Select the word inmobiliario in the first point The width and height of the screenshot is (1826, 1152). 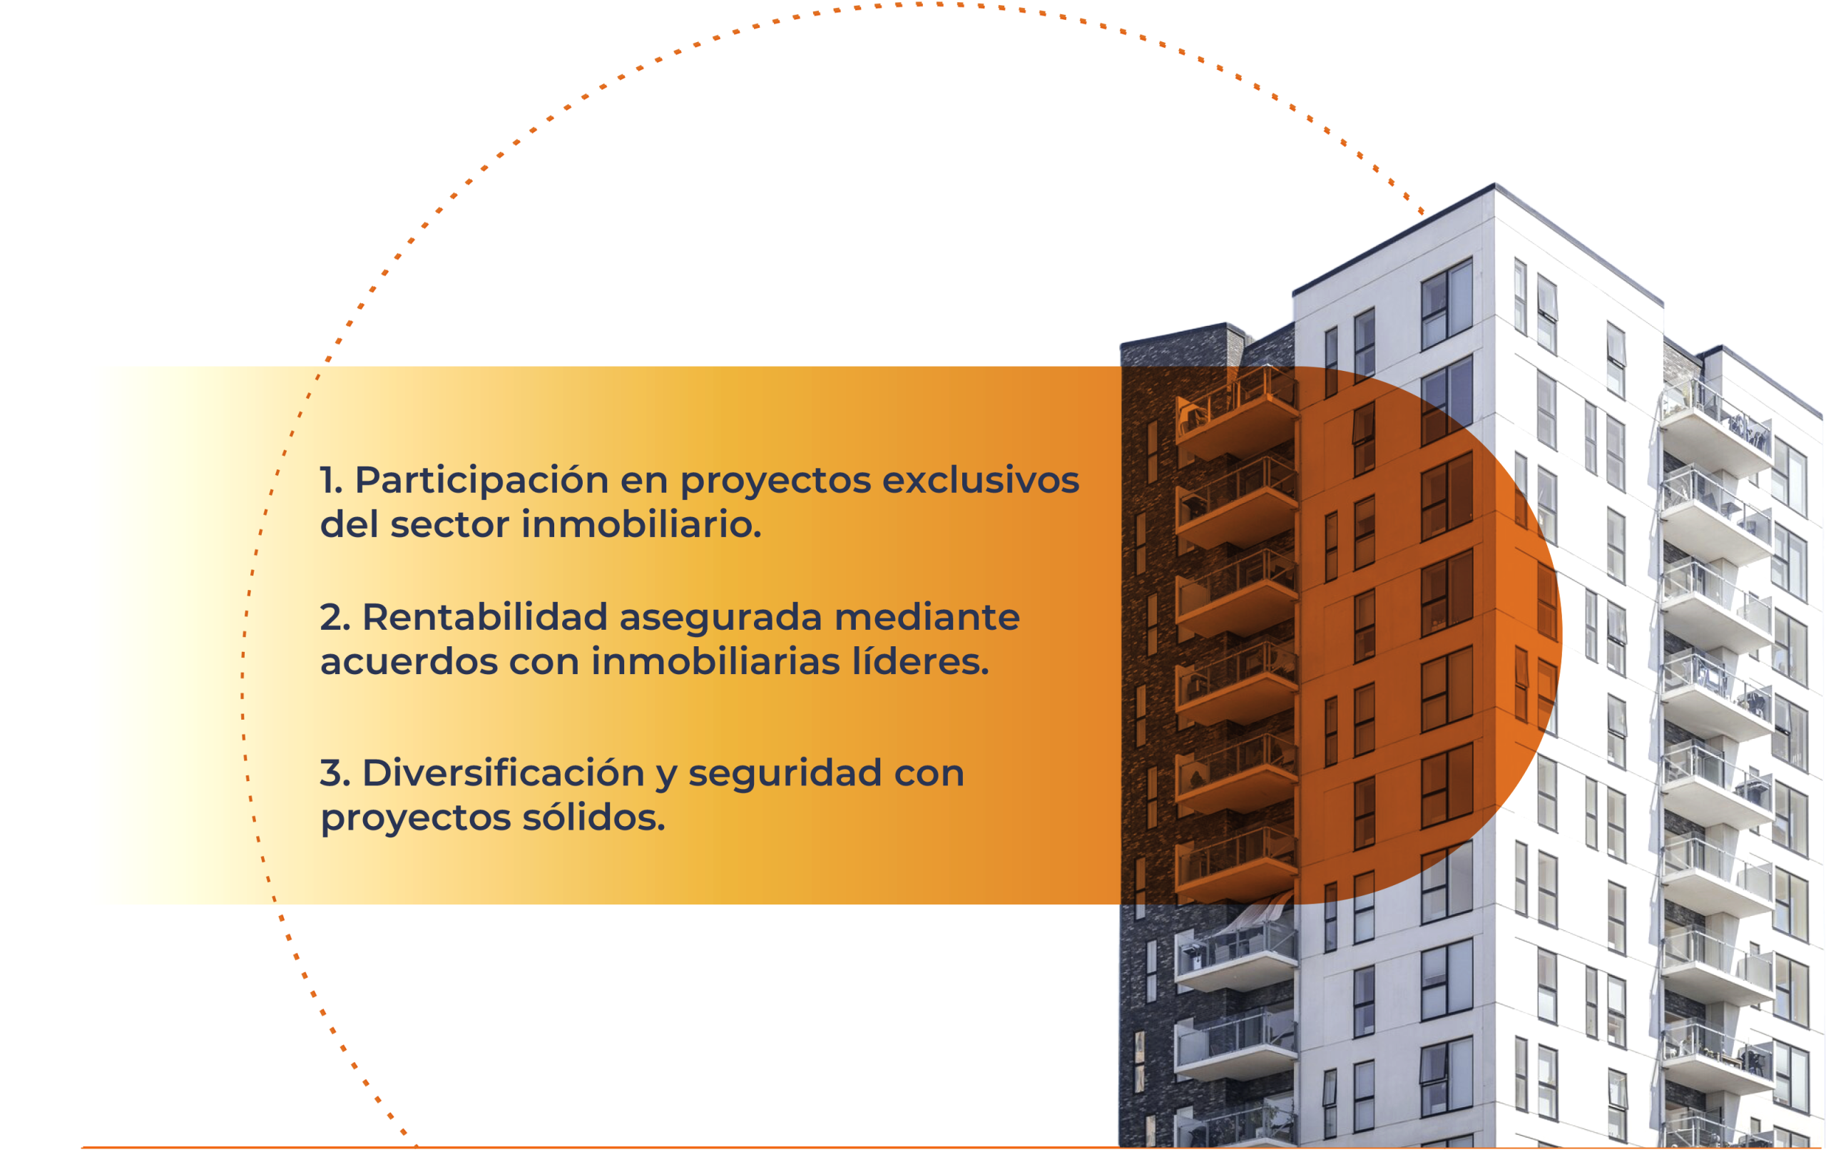tap(641, 524)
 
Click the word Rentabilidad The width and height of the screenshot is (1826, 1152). tap(485, 616)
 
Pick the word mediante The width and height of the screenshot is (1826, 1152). tap(927, 616)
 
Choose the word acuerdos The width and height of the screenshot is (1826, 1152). tap(409, 661)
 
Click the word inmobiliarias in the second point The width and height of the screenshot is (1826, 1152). tap(716, 661)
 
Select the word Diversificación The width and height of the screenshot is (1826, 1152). tap(504, 773)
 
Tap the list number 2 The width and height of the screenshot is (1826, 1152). tap(335, 617)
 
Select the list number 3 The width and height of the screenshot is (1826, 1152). tap(335, 773)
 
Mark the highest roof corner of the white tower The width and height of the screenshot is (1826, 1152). tap(1494, 183)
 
